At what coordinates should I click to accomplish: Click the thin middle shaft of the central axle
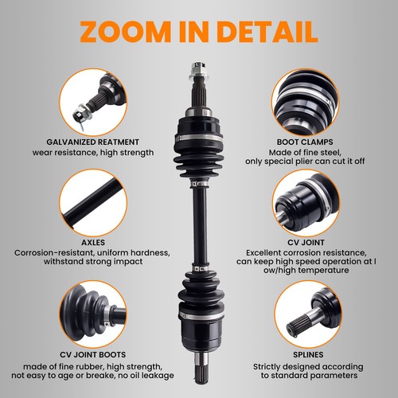pyautogui.click(x=196, y=231)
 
